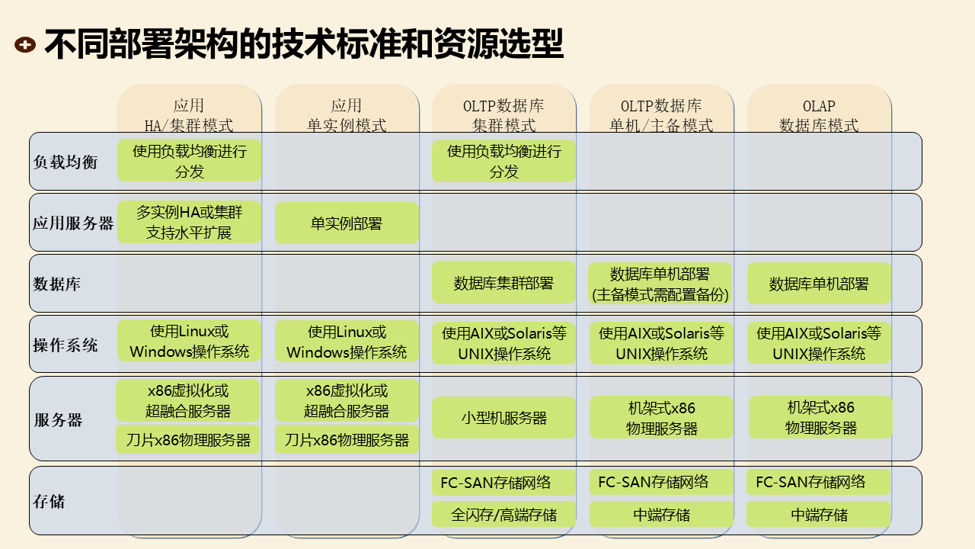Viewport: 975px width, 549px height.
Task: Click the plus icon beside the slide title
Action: [25, 45]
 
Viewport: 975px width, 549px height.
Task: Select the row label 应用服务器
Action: [73, 223]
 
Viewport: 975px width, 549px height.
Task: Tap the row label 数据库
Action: [57, 284]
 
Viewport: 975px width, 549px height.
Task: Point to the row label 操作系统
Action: [66, 345]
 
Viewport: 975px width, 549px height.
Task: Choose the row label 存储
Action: [50, 502]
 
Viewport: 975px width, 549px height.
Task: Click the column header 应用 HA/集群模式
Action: [189, 115]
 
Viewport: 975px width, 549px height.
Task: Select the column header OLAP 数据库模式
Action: [819, 115]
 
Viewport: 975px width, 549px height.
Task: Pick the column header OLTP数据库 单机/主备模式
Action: [661, 115]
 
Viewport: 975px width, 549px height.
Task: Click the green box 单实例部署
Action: [347, 223]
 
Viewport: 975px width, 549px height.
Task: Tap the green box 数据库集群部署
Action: [503, 284]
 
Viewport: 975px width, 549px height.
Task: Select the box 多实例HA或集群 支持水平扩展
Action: [189, 222]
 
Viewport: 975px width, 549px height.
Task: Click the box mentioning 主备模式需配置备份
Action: [660, 284]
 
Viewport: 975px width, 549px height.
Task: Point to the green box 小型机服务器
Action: [503, 418]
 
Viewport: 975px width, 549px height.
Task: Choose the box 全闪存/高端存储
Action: [503, 515]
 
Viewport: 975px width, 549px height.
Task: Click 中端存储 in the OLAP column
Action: [819, 515]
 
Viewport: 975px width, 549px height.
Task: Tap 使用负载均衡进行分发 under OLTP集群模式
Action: [503, 161]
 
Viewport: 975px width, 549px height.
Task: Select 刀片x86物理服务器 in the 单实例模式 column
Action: [347, 440]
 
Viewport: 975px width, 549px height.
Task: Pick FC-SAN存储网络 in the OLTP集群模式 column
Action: [496, 483]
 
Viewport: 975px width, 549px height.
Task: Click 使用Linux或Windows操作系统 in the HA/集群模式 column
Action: [189, 342]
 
